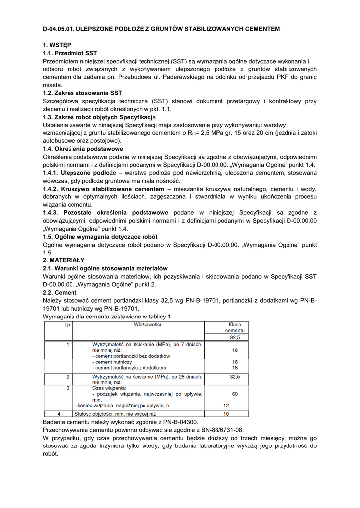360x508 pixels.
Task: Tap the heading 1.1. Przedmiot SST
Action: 70,53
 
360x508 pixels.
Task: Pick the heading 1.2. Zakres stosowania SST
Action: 82,93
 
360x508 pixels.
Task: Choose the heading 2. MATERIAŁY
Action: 64,260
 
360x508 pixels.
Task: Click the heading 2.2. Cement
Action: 60,293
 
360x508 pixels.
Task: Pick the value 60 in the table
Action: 235,394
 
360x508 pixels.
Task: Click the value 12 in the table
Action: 226,405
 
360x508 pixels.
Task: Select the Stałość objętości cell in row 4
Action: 115,413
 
